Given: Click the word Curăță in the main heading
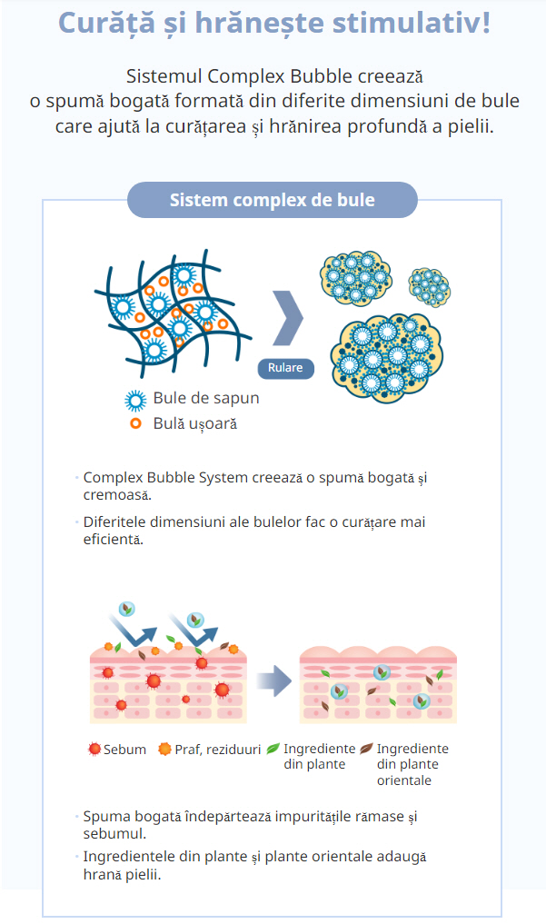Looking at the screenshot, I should coord(108,23).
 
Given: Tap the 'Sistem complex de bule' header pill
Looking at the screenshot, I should coord(272,200).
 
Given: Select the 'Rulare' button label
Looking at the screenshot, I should coord(285,368).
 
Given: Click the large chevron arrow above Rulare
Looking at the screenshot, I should coord(288,318).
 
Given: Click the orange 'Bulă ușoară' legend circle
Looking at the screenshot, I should coord(136,423).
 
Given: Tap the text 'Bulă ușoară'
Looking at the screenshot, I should coord(194,423).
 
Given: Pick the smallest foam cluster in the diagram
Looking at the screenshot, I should coord(430,284).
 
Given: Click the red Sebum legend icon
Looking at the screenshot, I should coord(94,750).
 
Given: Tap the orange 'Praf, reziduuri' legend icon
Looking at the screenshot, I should coord(164,750).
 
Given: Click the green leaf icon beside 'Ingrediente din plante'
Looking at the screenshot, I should coord(273,749).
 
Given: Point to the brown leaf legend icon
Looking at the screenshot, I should coord(366,749).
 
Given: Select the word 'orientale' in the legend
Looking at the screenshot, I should coord(404,780).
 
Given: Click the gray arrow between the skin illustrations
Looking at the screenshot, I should coord(270,679).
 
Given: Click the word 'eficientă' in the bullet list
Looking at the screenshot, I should coord(113,539).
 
